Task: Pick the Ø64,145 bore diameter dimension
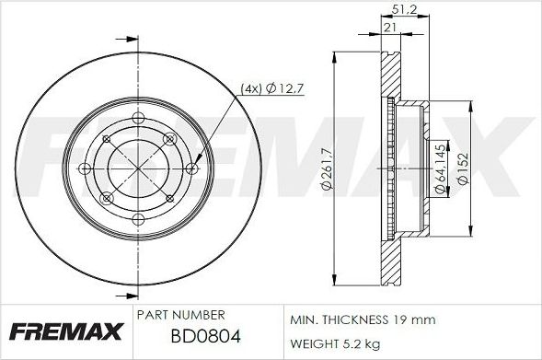[441, 167]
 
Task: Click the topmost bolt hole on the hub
[138, 117]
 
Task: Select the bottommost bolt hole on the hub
[138, 219]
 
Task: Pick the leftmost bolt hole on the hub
[86, 168]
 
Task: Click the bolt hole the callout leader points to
[190, 168]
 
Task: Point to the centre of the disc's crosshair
[138, 168]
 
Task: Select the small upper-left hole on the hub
[107, 139]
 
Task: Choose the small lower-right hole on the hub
[170, 198]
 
